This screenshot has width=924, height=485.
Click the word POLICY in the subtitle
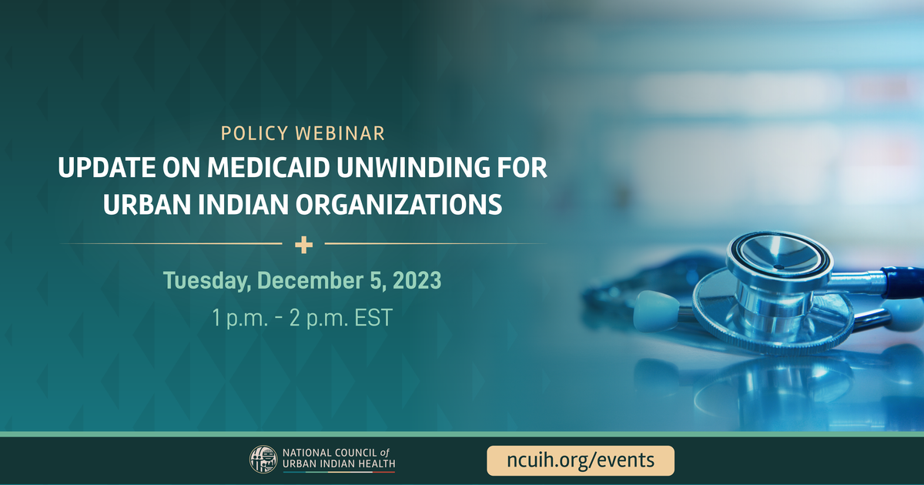click(254, 134)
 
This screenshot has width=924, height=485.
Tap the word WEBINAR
click(340, 134)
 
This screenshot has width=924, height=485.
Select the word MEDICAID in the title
click(269, 168)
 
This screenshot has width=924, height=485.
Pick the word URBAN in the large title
click(147, 205)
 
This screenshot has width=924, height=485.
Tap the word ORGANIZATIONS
click(399, 205)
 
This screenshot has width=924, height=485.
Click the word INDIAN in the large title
click(243, 205)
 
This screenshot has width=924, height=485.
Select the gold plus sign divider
click(303, 245)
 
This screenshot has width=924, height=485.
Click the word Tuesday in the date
click(207, 281)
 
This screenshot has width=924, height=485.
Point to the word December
click(310, 280)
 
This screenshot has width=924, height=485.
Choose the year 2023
click(417, 280)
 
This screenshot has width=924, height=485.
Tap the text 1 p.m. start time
click(240, 319)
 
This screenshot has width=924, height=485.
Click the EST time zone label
click(373, 317)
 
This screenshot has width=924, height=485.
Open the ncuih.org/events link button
click(581, 460)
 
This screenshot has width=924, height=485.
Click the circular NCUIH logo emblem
click(263, 459)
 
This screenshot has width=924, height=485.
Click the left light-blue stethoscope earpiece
click(655, 310)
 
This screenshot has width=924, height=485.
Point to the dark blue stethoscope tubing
click(903, 282)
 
